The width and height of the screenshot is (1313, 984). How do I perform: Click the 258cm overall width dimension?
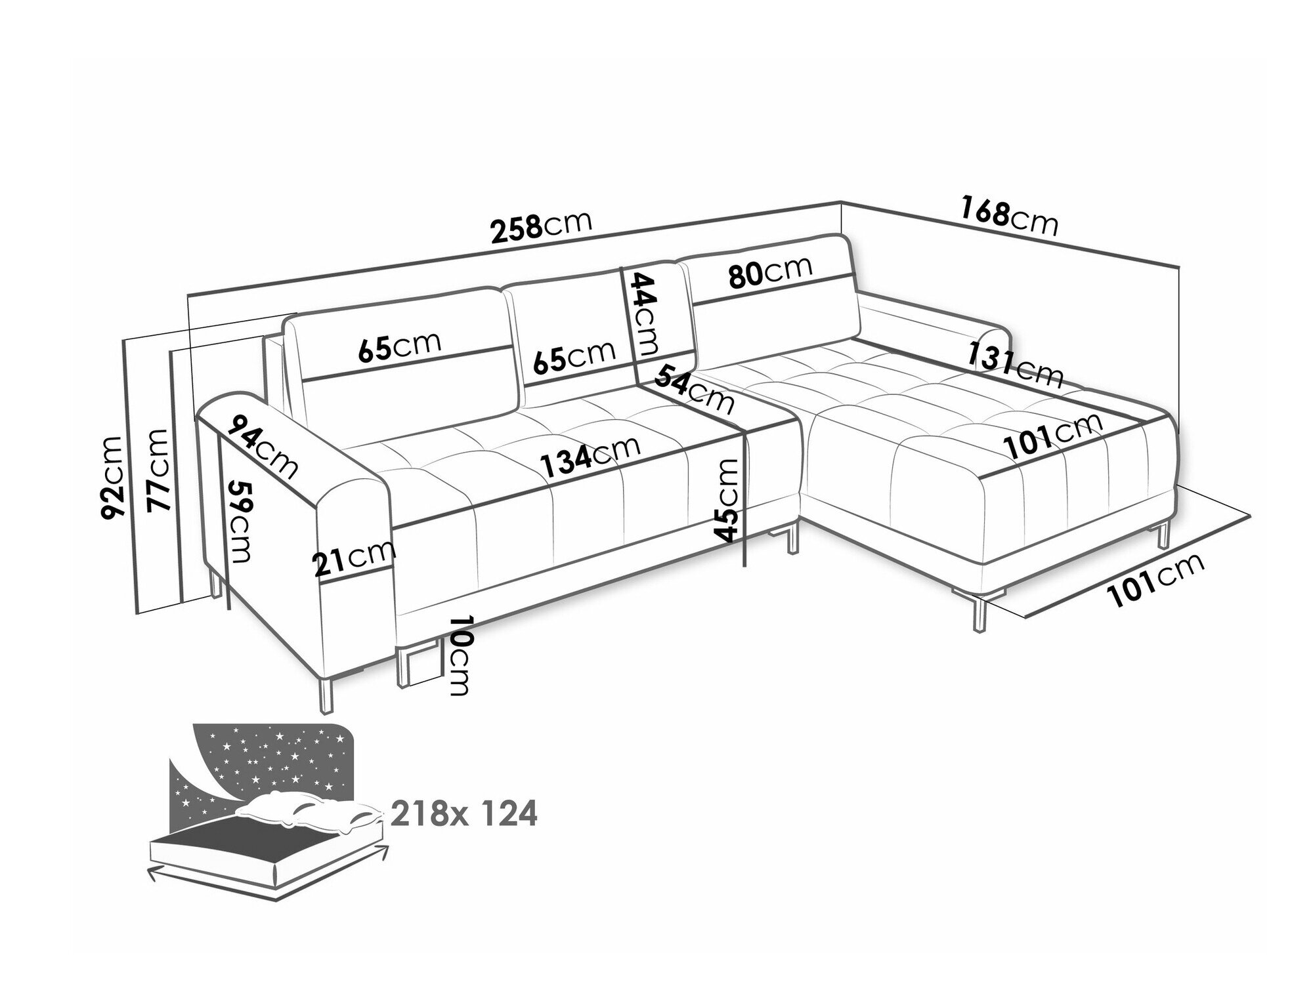point(542,225)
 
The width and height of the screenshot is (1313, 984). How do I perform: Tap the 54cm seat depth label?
point(695,389)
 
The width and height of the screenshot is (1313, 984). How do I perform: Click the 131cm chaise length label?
point(1014,365)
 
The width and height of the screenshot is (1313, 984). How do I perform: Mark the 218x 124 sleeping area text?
point(464,814)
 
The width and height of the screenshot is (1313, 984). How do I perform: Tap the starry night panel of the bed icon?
point(263,761)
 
